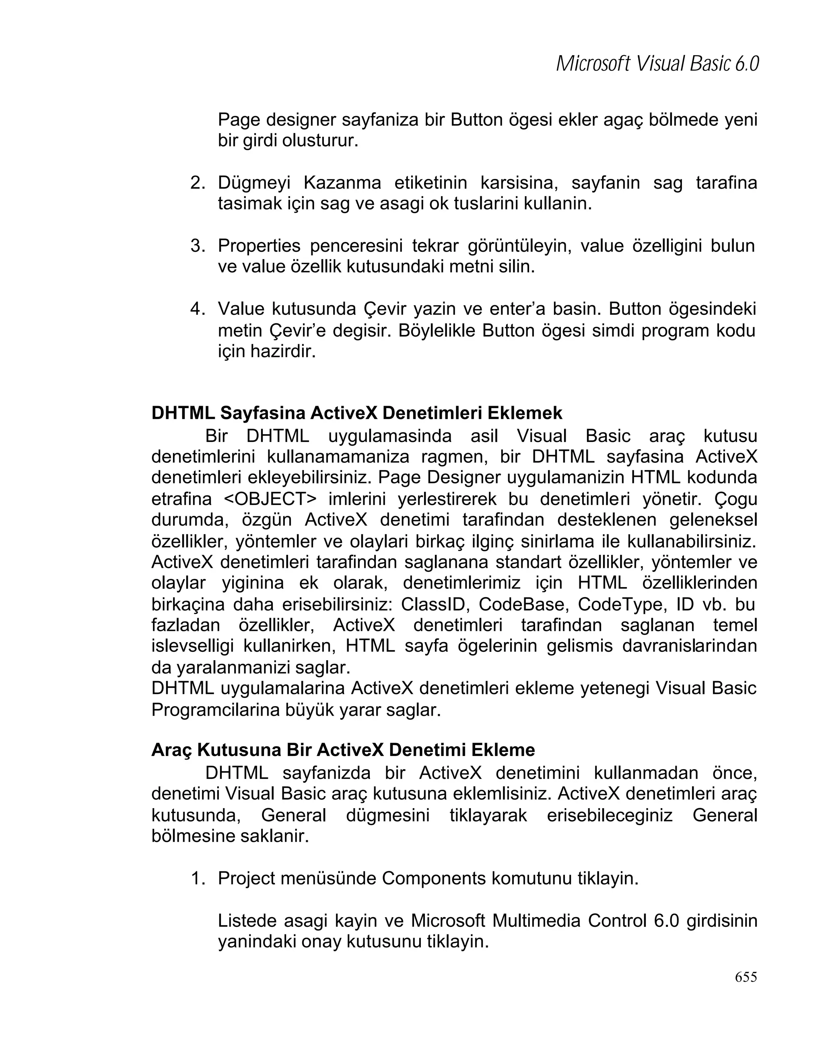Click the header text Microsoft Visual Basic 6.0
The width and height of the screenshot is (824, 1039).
coord(657,63)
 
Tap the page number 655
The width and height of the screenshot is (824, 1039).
coord(746,977)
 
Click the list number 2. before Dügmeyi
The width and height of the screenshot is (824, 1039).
coord(198,183)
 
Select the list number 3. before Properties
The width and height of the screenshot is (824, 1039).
coord(198,246)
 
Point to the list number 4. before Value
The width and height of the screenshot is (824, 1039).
coord(198,308)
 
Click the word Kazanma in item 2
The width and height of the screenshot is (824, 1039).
coord(342,183)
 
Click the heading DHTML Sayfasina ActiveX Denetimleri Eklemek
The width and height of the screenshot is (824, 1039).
coord(357,413)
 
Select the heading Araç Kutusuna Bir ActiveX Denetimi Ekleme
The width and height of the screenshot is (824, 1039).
coord(343,750)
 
